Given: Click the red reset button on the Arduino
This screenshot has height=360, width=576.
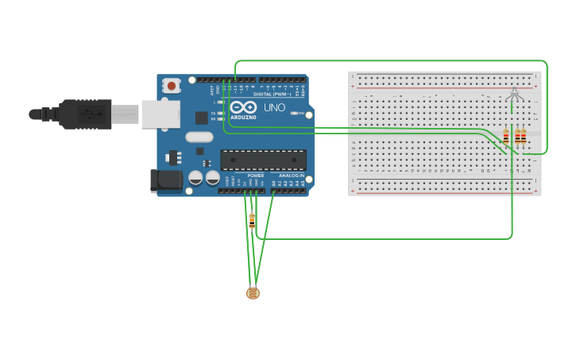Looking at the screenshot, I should pyautogui.click(x=171, y=85).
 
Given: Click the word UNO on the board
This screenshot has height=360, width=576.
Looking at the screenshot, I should pyautogui.click(x=274, y=107).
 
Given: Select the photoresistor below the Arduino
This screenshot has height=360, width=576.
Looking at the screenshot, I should pyautogui.click(x=253, y=293).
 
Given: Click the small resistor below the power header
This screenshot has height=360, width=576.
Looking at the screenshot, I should pyautogui.click(x=252, y=220).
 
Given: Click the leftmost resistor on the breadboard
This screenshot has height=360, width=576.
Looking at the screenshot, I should pyautogui.click(x=506, y=137).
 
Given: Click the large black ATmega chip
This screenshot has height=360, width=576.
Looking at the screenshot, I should pyautogui.click(x=263, y=159).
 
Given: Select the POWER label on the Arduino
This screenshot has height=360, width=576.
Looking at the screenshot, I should pyautogui.click(x=255, y=175).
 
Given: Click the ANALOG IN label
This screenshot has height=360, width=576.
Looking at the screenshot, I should pyautogui.click(x=291, y=175).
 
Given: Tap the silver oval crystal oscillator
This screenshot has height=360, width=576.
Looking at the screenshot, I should pyautogui.click(x=199, y=137).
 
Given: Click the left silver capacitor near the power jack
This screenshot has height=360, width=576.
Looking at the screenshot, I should pyautogui.click(x=195, y=177).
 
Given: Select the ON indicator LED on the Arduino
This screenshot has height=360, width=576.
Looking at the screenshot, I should pyautogui.click(x=295, y=114).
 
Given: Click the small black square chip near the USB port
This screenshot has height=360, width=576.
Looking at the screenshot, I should pyautogui.click(x=202, y=118).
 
